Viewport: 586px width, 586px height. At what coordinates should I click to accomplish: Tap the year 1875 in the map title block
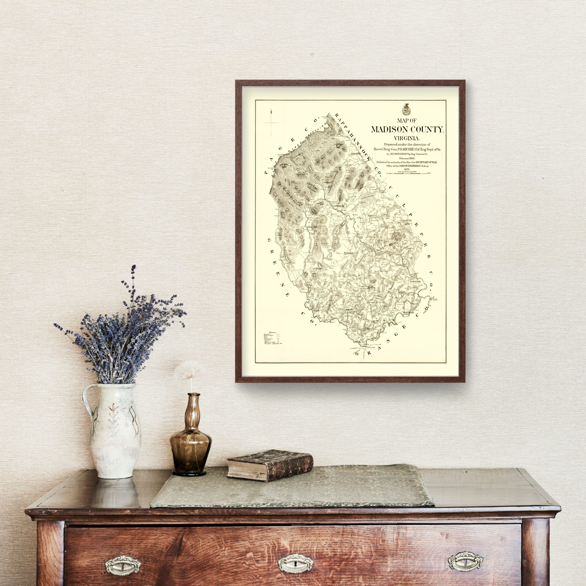[x=407, y=169]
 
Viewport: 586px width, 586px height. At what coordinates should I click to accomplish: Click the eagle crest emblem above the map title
[x=405, y=109]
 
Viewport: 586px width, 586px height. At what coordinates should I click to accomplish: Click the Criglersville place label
[x=339, y=206]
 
